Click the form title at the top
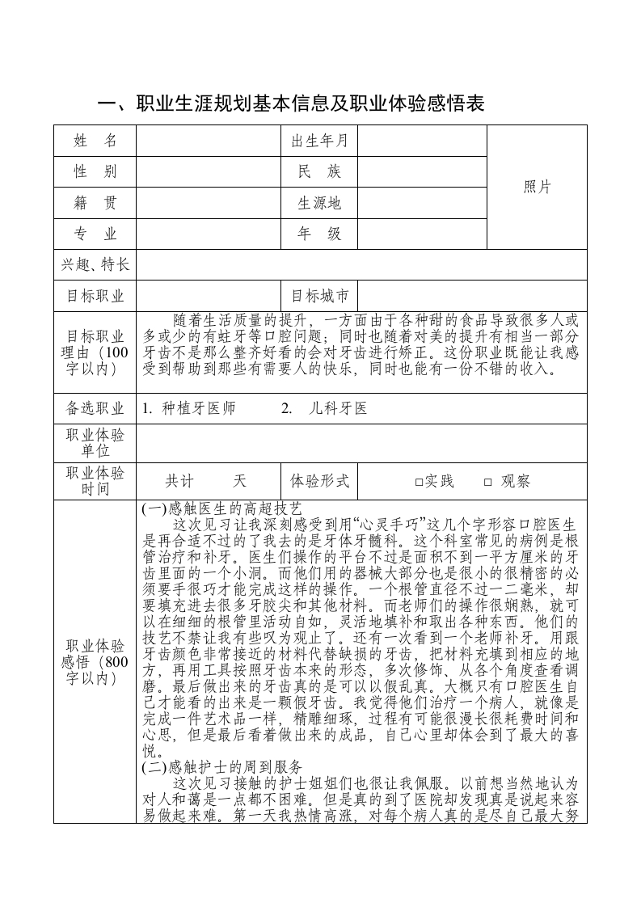click(x=291, y=104)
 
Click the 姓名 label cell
click(x=95, y=141)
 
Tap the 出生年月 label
click(x=319, y=141)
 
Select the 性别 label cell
click(x=95, y=171)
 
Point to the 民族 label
click(x=319, y=171)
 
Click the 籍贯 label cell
click(x=95, y=203)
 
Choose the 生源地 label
click(x=319, y=203)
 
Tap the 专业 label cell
click(x=95, y=234)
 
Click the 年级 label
click(x=319, y=234)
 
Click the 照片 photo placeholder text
click(x=538, y=187)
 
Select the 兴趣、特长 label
click(x=95, y=264)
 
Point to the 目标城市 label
click(x=319, y=295)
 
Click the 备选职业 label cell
click(x=95, y=408)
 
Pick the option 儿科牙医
click(x=338, y=408)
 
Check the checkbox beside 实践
click(x=419, y=482)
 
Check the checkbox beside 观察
click(x=487, y=482)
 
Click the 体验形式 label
click(x=319, y=481)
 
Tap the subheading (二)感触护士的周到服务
click(x=221, y=766)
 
